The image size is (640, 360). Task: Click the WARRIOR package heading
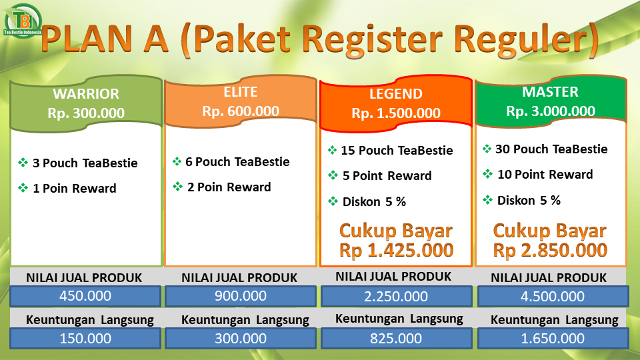(86, 94)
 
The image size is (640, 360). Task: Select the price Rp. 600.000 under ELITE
(241, 111)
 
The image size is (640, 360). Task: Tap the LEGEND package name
(396, 94)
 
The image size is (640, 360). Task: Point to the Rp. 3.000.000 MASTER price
(551, 111)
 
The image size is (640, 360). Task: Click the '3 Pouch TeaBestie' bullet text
(85, 163)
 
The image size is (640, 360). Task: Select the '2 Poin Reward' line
(229, 187)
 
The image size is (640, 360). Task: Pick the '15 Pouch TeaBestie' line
(397, 151)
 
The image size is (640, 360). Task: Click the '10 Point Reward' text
(545, 175)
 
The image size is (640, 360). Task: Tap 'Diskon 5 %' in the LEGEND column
(374, 201)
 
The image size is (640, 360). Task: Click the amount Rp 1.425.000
(396, 250)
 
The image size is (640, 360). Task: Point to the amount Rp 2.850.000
(550, 250)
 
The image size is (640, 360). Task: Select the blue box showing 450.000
(85, 296)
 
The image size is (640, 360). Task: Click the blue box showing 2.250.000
(396, 296)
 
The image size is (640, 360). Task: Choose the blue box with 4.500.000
(553, 296)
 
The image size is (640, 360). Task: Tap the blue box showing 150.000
(85, 339)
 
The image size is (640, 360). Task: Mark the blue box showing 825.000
(396, 339)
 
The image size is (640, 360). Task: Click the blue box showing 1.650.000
(553, 339)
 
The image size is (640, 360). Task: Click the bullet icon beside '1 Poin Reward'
(23, 188)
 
